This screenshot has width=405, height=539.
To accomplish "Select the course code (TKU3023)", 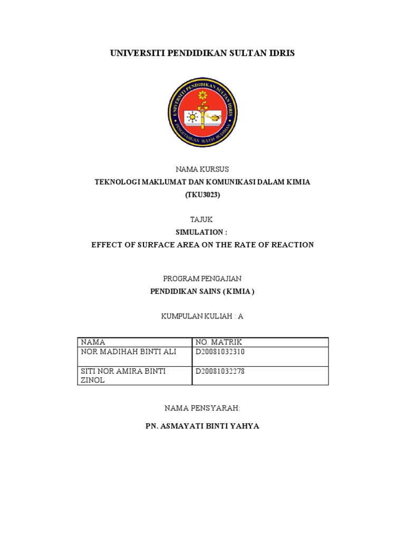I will click(202, 195).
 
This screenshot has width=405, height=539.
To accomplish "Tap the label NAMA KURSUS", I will click(202, 169).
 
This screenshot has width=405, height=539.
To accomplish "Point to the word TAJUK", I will click(202, 219).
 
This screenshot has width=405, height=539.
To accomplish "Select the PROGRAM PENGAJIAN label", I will click(202, 278).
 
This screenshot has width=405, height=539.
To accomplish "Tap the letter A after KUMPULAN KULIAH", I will click(240, 316).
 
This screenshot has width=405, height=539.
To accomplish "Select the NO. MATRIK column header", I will click(218, 342).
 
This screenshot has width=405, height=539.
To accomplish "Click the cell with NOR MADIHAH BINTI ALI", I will click(128, 352).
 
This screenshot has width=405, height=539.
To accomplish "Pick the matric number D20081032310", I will click(220, 352).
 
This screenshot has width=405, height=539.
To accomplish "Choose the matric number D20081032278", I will click(220, 371).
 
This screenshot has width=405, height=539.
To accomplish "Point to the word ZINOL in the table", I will click(93, 380).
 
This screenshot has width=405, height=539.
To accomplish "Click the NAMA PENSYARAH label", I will click(202, 408).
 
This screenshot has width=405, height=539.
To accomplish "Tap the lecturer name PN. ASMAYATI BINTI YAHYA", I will click(202, 426).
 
